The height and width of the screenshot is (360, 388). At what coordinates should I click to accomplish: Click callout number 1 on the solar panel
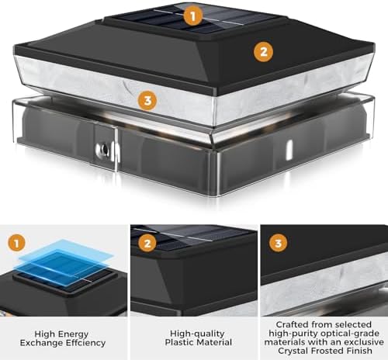[x=193, y=16]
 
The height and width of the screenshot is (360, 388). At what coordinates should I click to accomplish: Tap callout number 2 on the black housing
[x=263, y=52]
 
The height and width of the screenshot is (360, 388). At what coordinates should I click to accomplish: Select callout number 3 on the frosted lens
[x=147, y=100]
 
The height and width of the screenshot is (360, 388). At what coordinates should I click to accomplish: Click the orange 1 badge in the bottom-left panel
[x=17, y=243]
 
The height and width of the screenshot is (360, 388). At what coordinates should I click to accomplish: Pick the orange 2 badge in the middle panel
[x=147, y=244]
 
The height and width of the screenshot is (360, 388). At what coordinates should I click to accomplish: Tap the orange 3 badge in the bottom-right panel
[x=279, y=244]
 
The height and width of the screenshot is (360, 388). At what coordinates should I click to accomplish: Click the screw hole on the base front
[x=105, y=149]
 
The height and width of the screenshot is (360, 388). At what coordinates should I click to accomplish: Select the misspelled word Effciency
[x=85, y=343]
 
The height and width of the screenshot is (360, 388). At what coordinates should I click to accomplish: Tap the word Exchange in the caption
[x=41, y=343]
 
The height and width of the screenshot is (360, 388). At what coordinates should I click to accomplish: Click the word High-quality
[x=197, y=334]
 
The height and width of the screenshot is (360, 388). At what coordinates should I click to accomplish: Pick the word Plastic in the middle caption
[x=180, y=342]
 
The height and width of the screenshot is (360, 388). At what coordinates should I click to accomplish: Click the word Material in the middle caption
[x=215, y=342]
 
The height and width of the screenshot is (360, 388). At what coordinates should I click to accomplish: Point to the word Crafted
[x=293, y=324]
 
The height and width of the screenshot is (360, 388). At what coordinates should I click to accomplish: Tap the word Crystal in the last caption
[x=293, y=351]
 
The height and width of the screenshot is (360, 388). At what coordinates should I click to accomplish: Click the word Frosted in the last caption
[x=328, y=351]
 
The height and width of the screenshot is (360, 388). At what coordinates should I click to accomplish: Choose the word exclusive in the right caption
[x=363, y=342]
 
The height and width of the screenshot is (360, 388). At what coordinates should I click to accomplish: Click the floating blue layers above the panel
[x=66, y=262]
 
